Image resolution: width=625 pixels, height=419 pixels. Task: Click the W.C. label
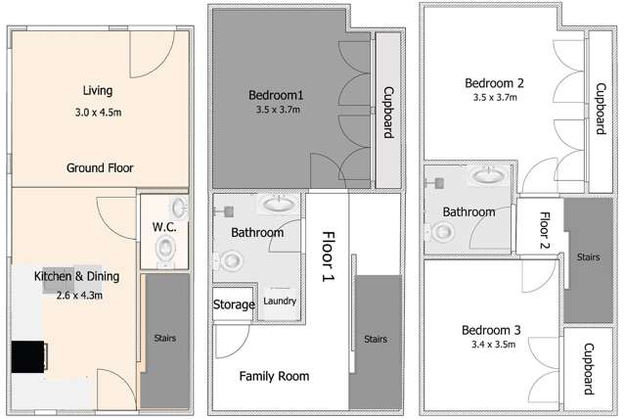click(x=164, y=227)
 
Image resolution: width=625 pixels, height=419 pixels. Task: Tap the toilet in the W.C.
click(x=165, y=251)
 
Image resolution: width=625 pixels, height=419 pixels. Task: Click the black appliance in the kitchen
click(x=28, y=356)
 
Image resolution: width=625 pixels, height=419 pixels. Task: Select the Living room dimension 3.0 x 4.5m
click(x=98, y=113)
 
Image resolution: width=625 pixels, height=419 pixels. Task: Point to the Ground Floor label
click(x=100, y=168)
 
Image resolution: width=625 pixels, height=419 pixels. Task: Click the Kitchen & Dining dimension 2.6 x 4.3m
click(x=80, y=296)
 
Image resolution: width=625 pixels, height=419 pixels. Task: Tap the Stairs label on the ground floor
click(x=165, y=339)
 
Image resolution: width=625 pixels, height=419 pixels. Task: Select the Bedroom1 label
click(x=276, y=95)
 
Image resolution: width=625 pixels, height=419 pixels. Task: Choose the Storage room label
click(x=234, y=304)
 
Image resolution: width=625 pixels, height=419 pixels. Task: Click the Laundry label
click(x=280, y=302)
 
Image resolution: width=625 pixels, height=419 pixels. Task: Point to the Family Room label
click(x=274, y=376)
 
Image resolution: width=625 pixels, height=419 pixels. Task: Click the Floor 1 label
click(x=329, y=256)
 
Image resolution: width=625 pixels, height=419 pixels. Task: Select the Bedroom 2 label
click(x=494, y=83)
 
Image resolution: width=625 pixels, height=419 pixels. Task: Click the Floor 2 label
click(x=545, y=230)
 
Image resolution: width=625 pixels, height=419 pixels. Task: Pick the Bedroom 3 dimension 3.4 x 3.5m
click(x=494, y=344)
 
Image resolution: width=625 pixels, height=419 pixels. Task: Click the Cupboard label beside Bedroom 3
click(x=589, y=369)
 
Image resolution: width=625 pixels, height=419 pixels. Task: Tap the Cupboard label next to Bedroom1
click(x=388, y=113)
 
